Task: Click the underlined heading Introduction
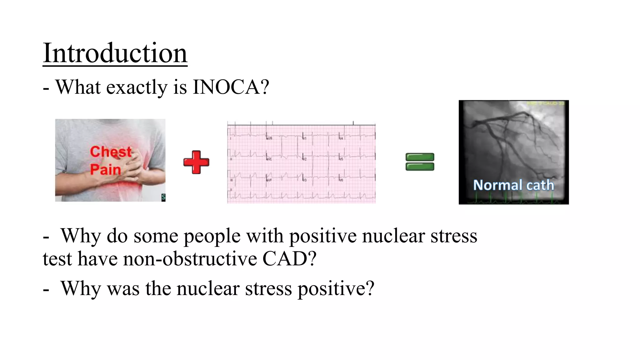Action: (x=115, y=53)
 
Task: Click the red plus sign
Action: (x=196, y=162)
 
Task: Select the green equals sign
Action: (x=420, y=162)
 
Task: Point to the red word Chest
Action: (x=111, y=152)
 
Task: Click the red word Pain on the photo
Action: (x=105, y=170)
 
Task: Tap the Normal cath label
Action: (x=513, y=185)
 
